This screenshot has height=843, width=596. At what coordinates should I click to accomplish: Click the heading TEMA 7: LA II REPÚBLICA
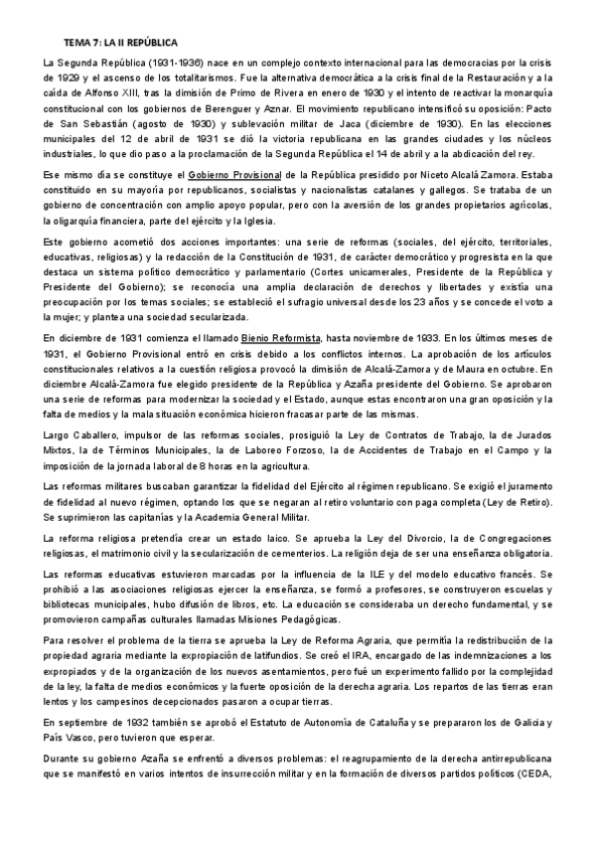pos(120,45)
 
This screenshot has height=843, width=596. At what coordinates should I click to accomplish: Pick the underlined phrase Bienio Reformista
pos(285,339)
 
